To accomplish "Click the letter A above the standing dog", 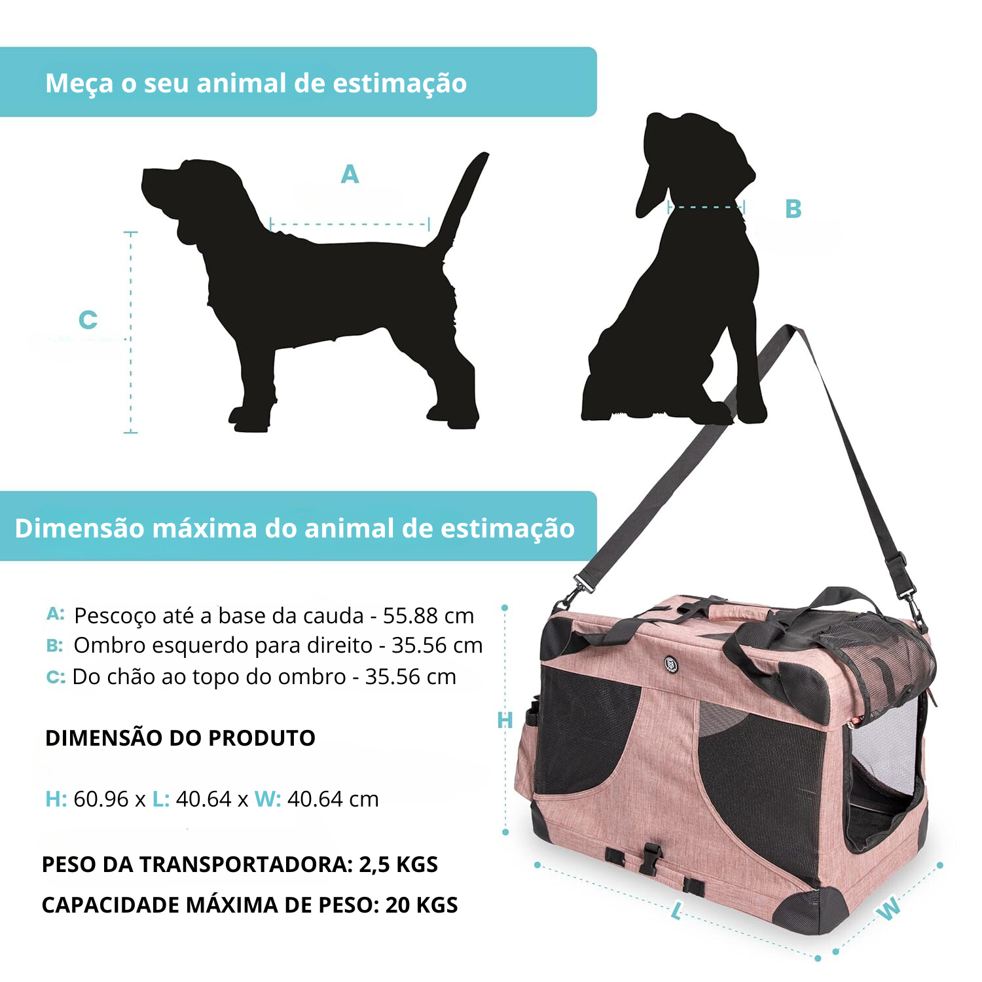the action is click(x=350, y=174).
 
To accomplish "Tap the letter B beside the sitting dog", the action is click(x=793, y=209).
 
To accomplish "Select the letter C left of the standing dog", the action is click(x=88, y=320).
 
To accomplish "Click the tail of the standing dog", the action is click(x=462, y=203).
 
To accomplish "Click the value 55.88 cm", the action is click(x=428, y=616).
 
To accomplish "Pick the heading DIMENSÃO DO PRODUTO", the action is click(x=180, y=738).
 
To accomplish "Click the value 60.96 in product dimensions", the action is click(x=101, y=799).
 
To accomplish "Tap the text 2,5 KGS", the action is click(x=398, y=865).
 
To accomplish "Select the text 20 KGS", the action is click(x=422, y=905).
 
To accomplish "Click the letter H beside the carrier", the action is click(x=505, y=721).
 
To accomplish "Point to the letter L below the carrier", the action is click(x=677, y=910).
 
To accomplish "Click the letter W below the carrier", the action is click(x=888, y=909).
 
